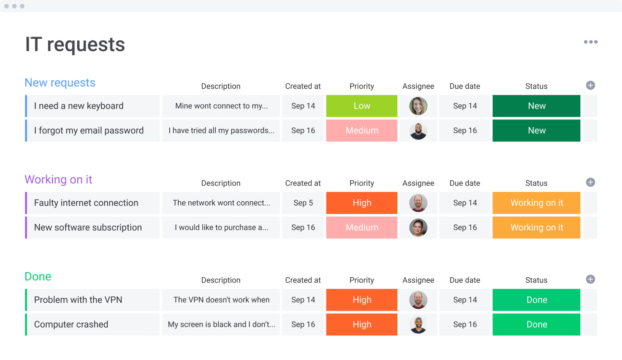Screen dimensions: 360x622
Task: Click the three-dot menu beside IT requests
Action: pos(590,42)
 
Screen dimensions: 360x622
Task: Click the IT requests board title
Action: pos(75,44)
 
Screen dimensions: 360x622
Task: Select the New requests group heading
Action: pos(60,83)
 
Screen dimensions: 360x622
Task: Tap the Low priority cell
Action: pos(362,106)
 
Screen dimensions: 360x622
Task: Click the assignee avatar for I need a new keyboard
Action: pos(418,106)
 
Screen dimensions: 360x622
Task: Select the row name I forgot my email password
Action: pos(89,131)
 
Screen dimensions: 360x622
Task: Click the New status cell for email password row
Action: pos(536,131)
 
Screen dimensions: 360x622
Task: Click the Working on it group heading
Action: pos(58,180)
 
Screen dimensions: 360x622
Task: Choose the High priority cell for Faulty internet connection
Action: pos(362,203)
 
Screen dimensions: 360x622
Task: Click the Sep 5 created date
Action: pos(303,203)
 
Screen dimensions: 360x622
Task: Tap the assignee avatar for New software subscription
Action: pos(418,228)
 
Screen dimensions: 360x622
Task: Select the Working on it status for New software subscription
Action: pos(536,228)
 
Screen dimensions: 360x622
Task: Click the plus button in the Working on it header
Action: pos(590,182)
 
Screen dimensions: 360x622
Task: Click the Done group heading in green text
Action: pos(38,277)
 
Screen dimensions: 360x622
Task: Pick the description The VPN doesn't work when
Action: pos(221,300)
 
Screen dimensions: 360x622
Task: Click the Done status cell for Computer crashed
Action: pos(536,325)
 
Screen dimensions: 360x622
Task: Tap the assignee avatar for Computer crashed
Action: pos(418,325)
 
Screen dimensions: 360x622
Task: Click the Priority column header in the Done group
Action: pos(362,280)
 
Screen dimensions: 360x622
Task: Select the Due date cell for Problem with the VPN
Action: pos(465,300)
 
